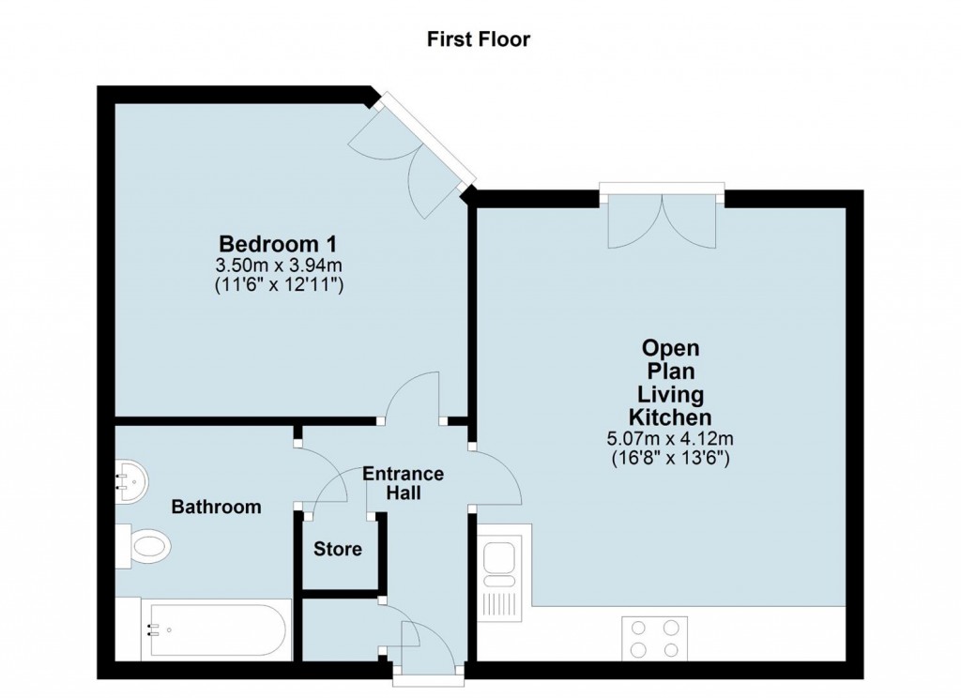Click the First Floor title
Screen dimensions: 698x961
tap(479, 39)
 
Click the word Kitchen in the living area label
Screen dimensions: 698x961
tap(669, 417)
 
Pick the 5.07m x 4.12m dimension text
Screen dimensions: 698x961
tap(669, 438)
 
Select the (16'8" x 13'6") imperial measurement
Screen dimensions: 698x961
tap(669, 459)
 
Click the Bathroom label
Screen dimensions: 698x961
tap(216, 507)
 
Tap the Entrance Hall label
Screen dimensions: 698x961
tap(404, 483)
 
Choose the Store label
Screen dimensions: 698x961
tap(338, 549)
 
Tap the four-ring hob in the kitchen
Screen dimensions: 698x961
tap(654, 639)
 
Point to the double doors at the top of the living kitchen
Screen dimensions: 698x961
tap(662, 221)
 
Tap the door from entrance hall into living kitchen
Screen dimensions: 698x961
tap(496, 474)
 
